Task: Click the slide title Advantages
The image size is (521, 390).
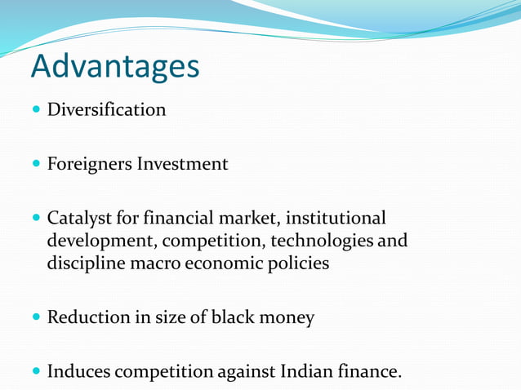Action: (115, 67)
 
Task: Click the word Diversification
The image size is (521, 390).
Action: (106, 109)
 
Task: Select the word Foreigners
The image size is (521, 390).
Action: (89, 164)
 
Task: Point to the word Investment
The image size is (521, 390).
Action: (182, 164)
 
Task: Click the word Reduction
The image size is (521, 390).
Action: (87, 317)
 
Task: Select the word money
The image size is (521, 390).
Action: (287, 318)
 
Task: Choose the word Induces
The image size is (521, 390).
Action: (78, 372)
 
